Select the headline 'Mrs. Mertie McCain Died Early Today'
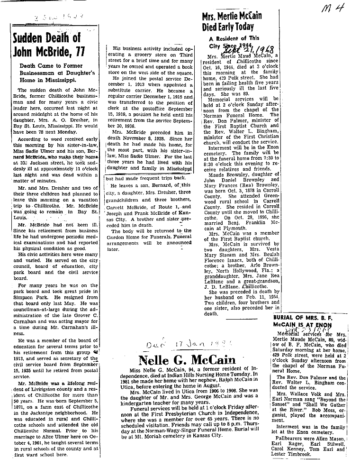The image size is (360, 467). coord(232,22)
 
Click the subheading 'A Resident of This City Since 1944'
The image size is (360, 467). coord(234,42)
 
